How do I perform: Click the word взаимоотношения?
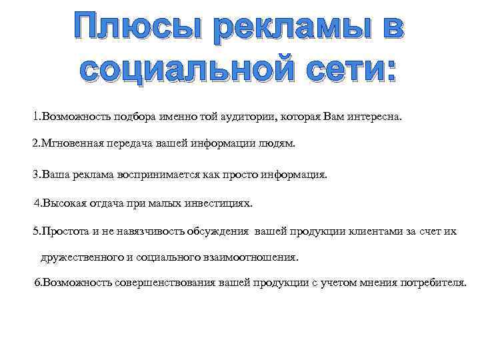[x=253, y=257]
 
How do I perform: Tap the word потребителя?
[x=435, y=283]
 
